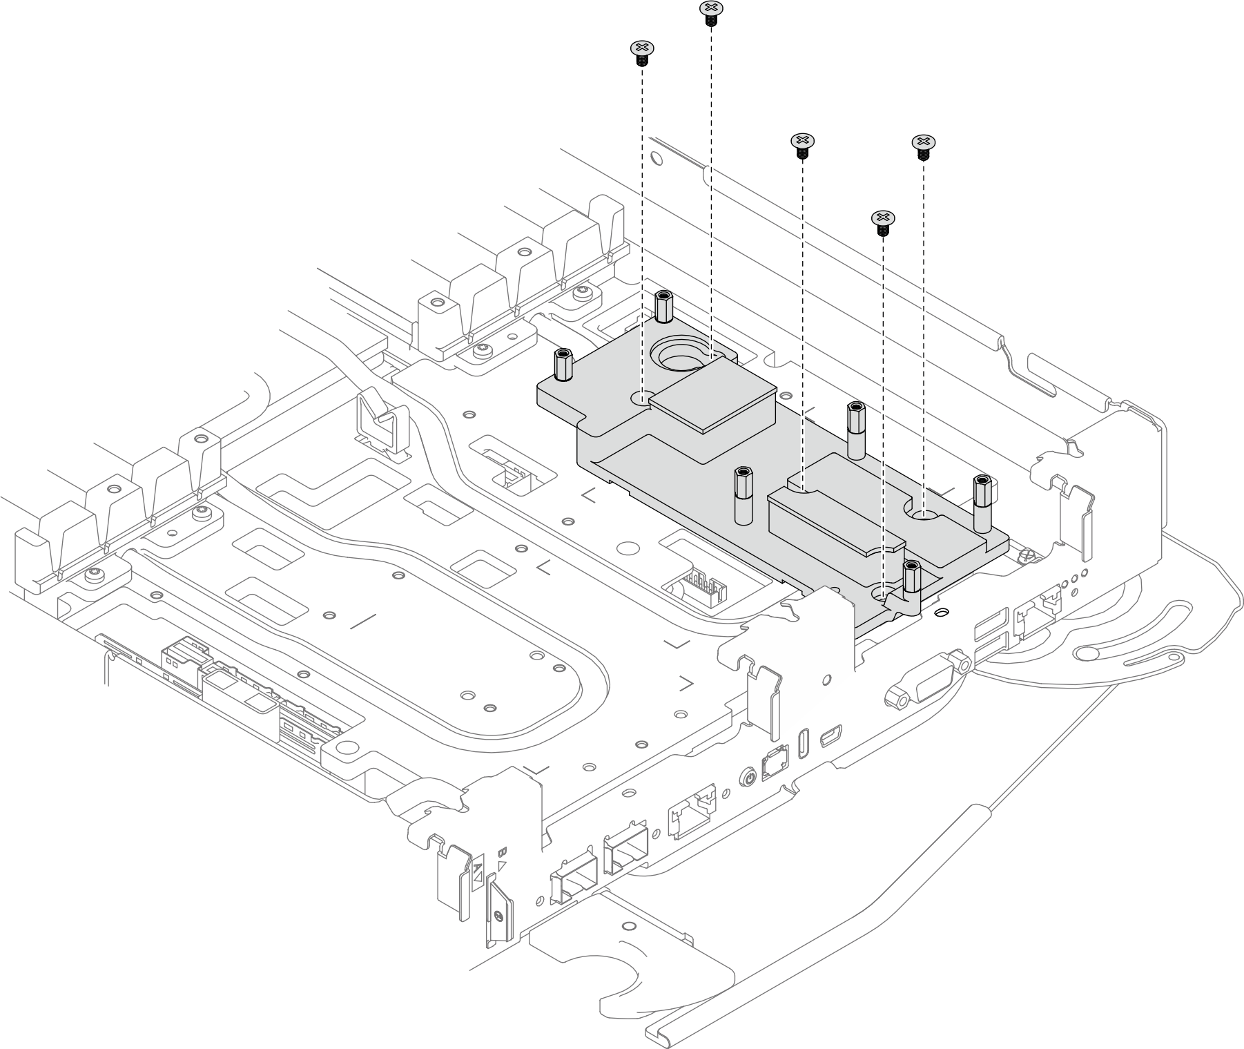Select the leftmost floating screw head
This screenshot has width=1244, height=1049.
pos(642,49)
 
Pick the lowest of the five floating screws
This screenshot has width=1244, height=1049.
pos(882,220)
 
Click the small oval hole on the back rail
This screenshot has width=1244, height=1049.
pos(657,158)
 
